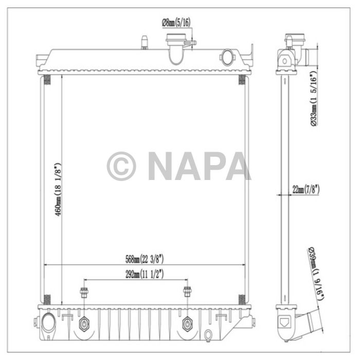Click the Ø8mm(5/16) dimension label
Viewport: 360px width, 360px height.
[x=176, y=23]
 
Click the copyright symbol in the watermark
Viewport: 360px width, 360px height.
[x=121, y=166]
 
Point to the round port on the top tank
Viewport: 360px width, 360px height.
[x=227, y=56]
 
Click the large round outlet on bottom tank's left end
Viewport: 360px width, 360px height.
[x=49, y=322]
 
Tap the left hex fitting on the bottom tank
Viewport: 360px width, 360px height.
[x=84, y=325]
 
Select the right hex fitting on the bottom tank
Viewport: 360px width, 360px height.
[x=187, y=325]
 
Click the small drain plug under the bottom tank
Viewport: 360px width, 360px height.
[x=207, y=336]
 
